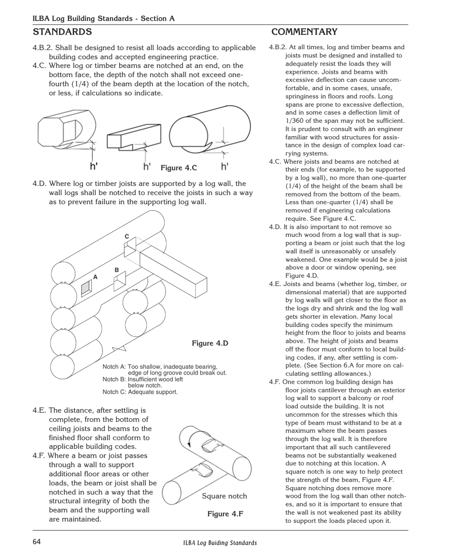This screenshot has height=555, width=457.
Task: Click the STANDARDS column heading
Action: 62,32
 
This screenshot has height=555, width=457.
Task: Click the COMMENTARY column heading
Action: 304,32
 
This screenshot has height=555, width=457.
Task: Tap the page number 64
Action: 37,542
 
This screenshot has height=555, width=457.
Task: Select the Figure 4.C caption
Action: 178,168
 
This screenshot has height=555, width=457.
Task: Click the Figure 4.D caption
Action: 210,343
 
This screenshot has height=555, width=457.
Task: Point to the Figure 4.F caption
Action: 225,514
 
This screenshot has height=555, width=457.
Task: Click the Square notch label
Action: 224,496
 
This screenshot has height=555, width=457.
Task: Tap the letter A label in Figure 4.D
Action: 95,277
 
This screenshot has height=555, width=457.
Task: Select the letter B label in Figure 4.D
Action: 116,271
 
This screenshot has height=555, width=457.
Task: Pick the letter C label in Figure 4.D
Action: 127,236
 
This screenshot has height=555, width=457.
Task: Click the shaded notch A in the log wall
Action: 86,288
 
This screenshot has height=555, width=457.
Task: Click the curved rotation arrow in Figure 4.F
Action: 191,439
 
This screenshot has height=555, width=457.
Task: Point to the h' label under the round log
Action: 225,167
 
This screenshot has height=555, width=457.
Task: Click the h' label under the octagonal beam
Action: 94,167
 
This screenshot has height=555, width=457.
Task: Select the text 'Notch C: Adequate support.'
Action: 140,392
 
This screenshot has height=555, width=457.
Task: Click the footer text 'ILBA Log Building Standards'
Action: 220,543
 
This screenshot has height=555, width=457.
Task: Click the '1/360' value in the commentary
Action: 294,121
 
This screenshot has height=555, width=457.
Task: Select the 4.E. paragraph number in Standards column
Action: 39,411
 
